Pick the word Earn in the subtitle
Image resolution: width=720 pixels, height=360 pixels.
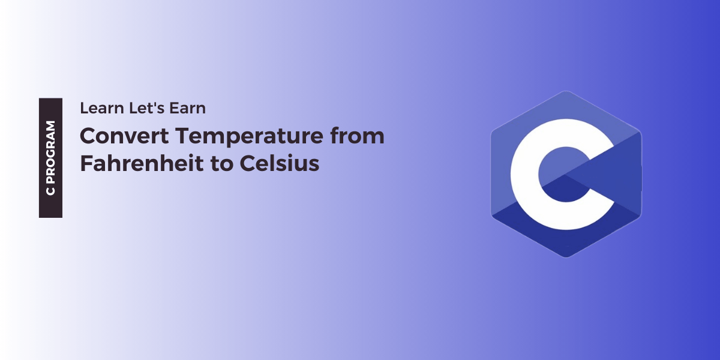coord(189,109)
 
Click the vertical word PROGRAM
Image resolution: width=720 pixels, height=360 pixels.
coord(51,150)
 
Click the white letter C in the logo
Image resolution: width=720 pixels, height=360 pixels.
coord(528,174)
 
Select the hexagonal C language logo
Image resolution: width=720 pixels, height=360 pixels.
coord(566,174)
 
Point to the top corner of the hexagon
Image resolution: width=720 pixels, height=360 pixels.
coord(566,92)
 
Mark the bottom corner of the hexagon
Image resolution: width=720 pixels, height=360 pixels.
coord(566,257)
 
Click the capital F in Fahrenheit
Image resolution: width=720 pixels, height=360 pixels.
coord(86,163)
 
